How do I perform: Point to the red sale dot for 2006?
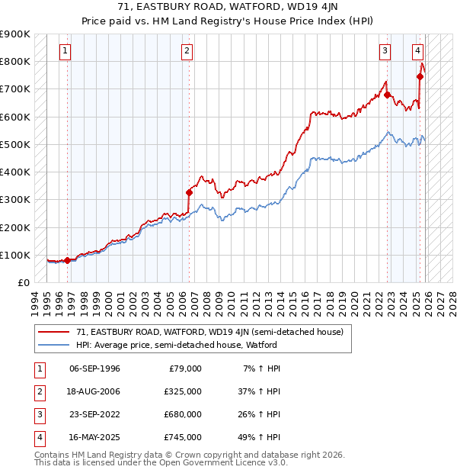coord(189,192)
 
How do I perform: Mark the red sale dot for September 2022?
coord(387,95)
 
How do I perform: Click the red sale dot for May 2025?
coord(420,76)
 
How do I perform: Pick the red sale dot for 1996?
coord(67,260)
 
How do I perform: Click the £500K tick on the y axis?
coord(14,144)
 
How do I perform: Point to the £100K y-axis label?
coord(14,255)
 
